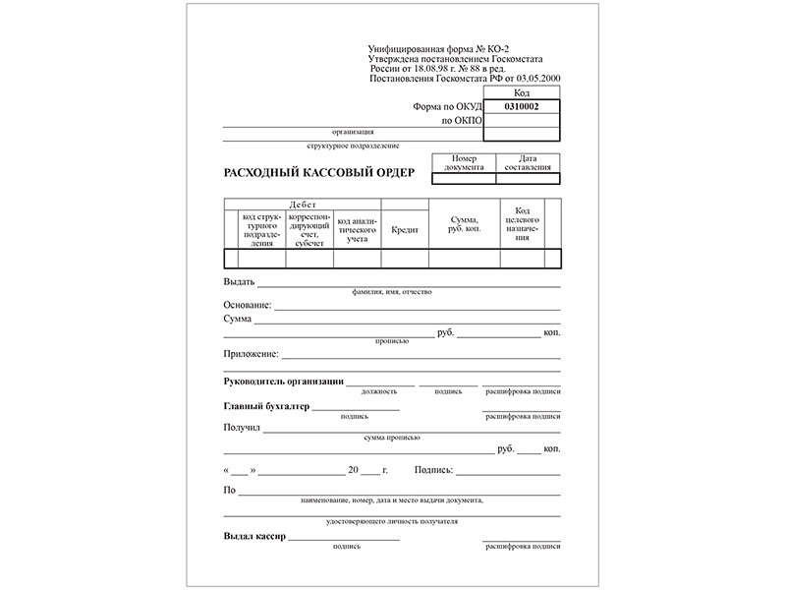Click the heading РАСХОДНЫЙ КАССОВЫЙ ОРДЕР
point(319,173)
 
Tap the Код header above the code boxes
point(522,92)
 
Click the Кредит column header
point(405,229)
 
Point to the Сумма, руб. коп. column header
point(464,224)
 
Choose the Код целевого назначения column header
point(523,224)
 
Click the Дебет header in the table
point(303,204)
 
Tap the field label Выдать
point(240,282)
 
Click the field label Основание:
point(247,306)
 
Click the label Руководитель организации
point(283,381)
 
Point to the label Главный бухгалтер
point(266,405)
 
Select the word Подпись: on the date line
point(435,470)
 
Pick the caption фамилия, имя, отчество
point(391,292)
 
